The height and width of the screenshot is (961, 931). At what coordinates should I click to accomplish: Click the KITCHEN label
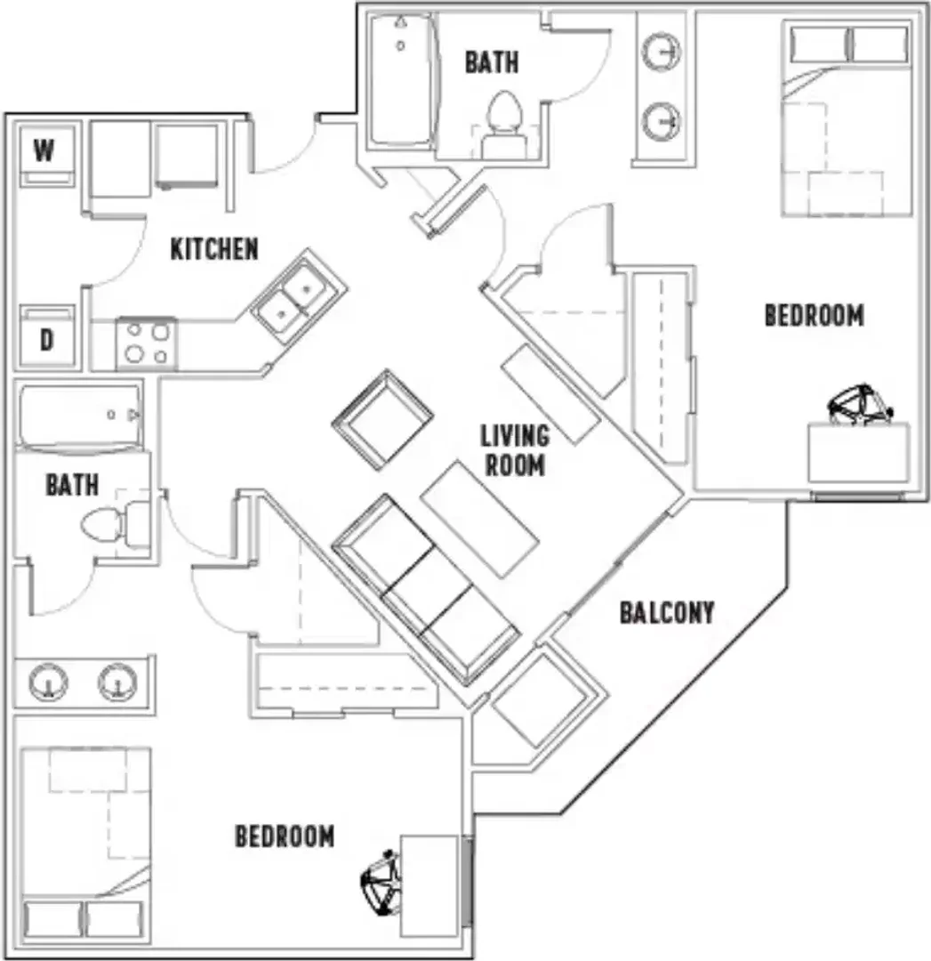pos(214,249)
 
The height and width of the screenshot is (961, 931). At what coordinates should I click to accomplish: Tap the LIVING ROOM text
pos(515,450)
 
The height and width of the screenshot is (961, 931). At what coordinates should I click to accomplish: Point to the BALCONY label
pos(667,613)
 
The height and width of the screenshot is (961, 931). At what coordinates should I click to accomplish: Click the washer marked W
pos(46,155)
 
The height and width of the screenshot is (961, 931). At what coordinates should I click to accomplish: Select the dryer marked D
pos(46,337)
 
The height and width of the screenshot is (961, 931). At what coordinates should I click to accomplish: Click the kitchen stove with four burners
pos(147,343)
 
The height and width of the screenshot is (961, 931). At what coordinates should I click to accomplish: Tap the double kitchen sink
pos(298,296)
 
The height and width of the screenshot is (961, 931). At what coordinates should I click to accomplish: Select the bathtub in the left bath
pos(79,417)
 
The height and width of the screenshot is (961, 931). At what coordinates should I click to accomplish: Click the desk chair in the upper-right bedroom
pos(859,405)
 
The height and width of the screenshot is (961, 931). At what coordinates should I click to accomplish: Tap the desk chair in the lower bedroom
pos(381,883)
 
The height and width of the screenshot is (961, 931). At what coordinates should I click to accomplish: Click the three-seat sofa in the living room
pos(426,588)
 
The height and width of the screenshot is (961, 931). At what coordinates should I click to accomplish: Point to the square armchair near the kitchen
pos(383,420)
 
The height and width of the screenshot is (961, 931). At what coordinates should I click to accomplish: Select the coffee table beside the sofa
pos(479,520)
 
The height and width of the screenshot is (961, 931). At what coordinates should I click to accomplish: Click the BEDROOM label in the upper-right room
pos(814,316)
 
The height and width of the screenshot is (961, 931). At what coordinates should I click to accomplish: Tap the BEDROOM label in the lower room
pos(285,836)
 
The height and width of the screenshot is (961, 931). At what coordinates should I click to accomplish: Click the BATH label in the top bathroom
pos(491,62)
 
